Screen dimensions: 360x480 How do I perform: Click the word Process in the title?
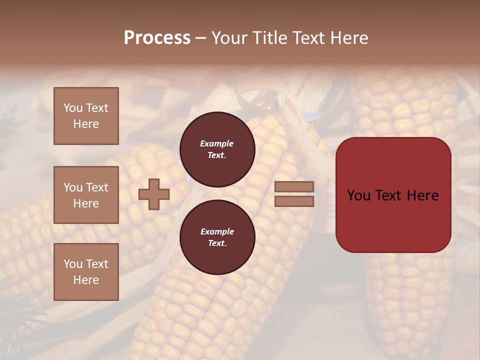click(157, 38)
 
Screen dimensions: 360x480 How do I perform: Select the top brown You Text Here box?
click(86, 116)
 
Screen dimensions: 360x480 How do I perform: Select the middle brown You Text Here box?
click(86, 195)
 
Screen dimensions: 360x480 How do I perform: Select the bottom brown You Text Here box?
click(86, 272)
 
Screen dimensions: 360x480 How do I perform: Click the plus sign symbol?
click(154, 194)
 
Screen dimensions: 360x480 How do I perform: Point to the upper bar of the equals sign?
click(294, 186)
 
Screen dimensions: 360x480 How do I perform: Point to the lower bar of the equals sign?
click(294, 201)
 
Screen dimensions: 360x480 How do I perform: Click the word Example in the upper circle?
click(216, 143)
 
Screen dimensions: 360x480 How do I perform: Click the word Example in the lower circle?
click(216, 231)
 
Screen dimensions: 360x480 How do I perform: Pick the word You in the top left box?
click(73, 108)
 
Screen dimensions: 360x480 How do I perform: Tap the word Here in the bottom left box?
click(86, 280)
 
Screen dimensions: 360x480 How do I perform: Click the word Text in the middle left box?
click(97, 187)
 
